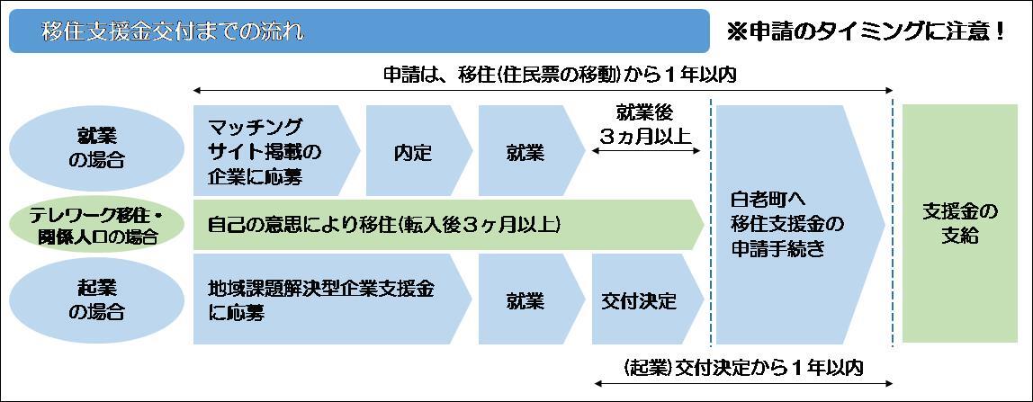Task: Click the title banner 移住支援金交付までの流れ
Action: (359, 31)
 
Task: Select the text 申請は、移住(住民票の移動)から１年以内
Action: (559, 74)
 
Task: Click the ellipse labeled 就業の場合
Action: (97, 149)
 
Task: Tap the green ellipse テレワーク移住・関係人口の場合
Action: (97, 225)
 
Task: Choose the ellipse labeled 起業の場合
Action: (97, 300)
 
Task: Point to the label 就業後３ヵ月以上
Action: (645, 125)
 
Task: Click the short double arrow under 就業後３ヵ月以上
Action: (646, 151)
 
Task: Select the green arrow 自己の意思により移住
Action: (449, 225)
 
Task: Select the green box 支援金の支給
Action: (960, 224)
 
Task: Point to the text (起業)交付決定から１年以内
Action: (744, 367)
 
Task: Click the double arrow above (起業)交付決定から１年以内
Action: (744, 383)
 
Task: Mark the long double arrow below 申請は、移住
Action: (543, 90)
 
